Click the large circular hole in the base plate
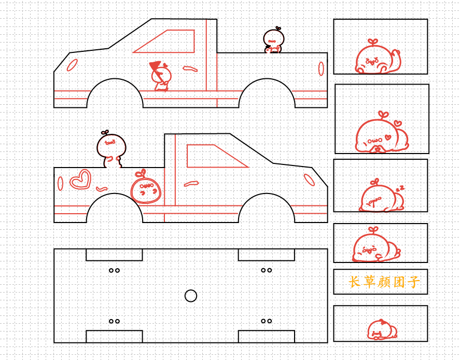click(191, 296)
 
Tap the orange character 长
click(354, 282)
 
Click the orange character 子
click(413, 282)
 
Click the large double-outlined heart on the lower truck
click(80, 179)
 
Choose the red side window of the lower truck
click(217, 156)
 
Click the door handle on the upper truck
click(190, 69)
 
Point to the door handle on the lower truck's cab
click(191, 184)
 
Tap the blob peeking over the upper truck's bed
click(273, 40)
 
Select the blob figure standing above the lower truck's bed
click(111, 149)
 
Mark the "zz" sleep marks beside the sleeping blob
click(400, 188)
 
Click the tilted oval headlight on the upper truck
click(72, 65)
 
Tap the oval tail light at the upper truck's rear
click(321, 68)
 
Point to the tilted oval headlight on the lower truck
click(309, 180)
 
